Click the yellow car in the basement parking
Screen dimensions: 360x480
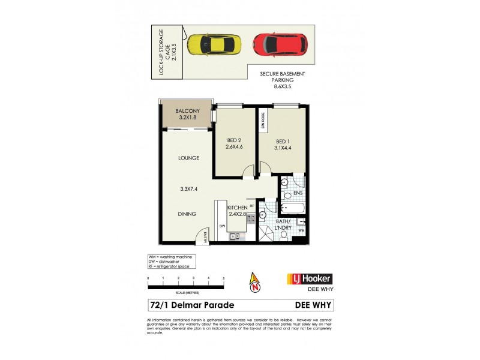[214, 44]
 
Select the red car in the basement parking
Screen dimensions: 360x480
[280, 43]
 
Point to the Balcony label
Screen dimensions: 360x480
[188, 115]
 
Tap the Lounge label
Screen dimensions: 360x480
[188, 158]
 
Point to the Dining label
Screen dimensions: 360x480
[187, 214]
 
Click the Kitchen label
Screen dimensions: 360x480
[238, 211]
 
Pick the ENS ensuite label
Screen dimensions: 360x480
[298, 193]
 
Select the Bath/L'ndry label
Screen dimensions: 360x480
[284, 224]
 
